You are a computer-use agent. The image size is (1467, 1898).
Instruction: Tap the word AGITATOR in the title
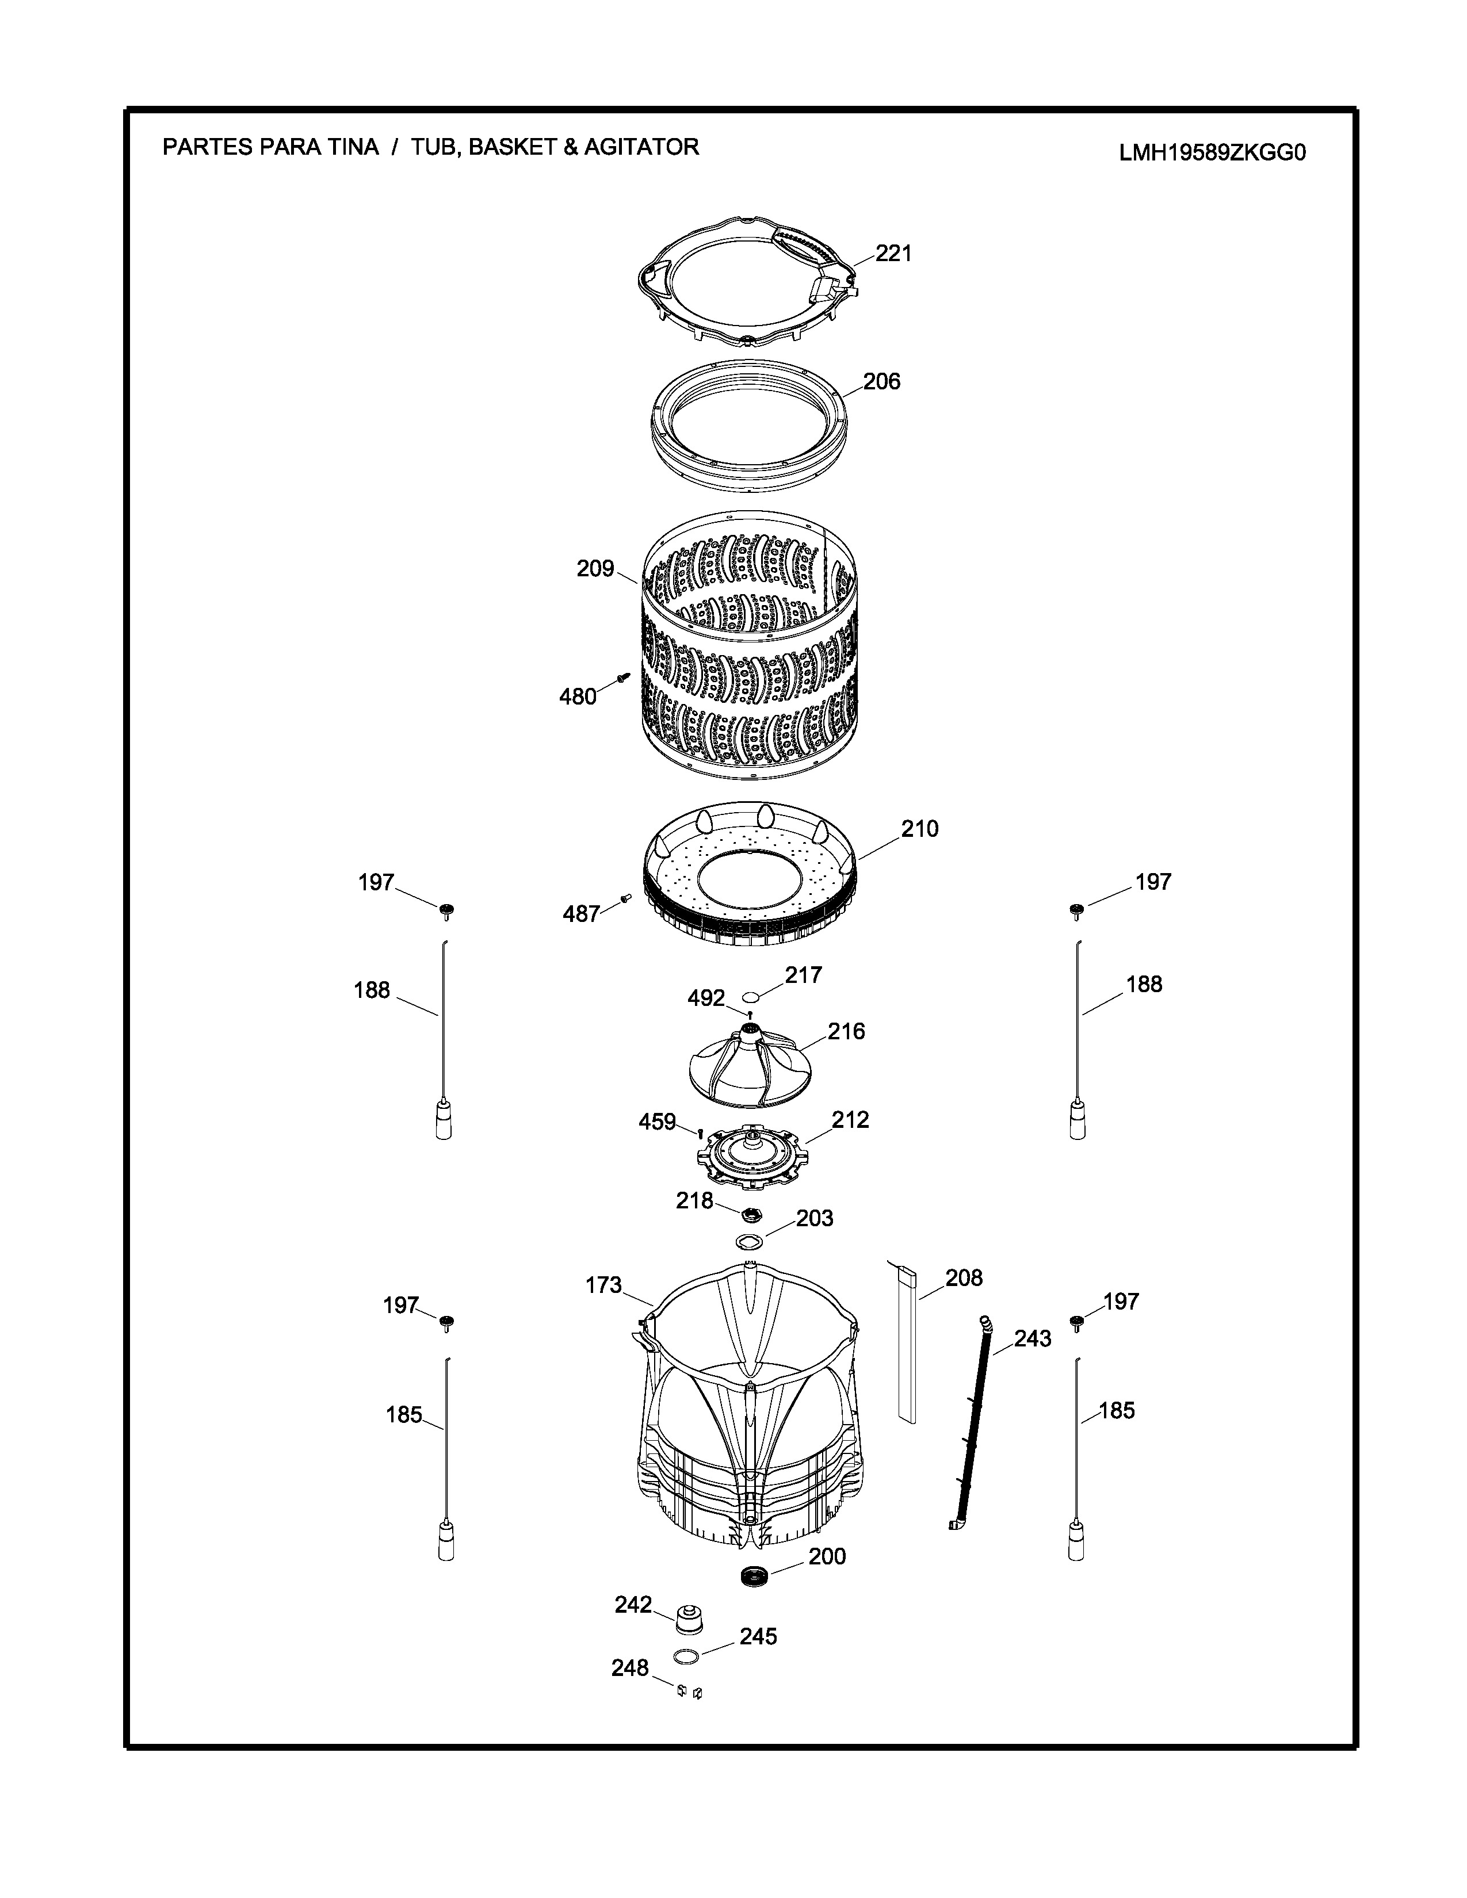point(641,147)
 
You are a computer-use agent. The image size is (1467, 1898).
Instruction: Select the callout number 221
point(893,253)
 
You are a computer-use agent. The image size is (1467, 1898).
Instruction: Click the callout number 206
point(881,381)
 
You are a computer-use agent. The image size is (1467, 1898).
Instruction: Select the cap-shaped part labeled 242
point(689,1619)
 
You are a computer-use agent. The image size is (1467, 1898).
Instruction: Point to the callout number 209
point(595,569)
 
